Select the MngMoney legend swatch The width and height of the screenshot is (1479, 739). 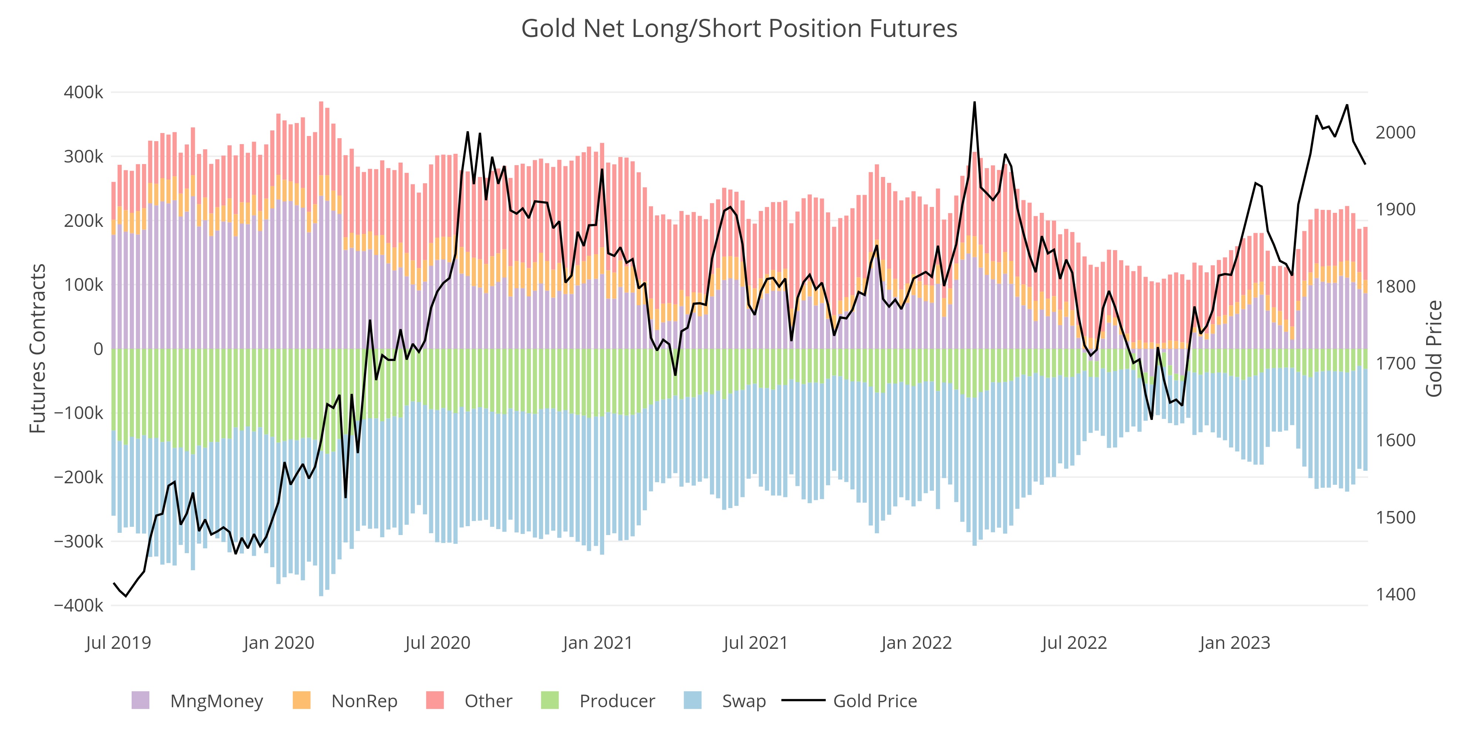(141, 701)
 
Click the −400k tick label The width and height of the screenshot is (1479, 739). (79, 605)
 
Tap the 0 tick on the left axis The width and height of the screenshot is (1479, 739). (98, 349)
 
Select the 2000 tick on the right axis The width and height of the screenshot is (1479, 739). (1395, 133)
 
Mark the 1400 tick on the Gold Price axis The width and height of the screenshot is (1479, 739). (1395, 595)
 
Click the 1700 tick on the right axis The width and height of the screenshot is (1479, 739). (1395, 364)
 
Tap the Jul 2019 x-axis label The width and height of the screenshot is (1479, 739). (118, 643)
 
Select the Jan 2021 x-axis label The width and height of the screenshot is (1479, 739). (597, 643)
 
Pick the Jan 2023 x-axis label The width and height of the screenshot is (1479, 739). (1235, 643)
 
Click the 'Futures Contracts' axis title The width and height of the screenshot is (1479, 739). (38, 348)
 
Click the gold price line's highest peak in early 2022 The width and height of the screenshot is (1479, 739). (974, 103)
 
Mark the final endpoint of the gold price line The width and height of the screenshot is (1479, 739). (1365, 164)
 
